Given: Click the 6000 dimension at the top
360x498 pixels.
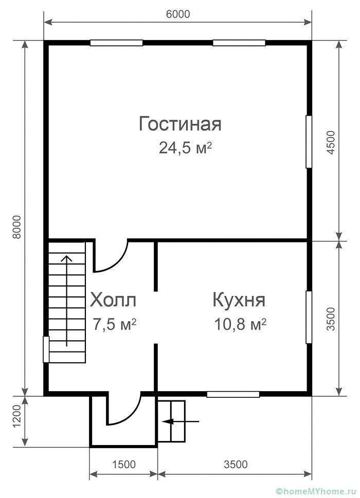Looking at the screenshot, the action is click(x=177, y=14).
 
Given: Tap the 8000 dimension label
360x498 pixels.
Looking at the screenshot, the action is click(x=17, y=227).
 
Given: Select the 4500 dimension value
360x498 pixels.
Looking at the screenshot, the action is click(x=331, y=142).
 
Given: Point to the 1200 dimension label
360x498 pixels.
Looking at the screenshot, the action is click(x=17, y=416).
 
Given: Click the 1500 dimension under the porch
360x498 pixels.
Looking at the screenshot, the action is click(x=123, y=464).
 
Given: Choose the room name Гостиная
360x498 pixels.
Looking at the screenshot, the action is click(x=180, y=124).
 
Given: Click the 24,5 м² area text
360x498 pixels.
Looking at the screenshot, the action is click(x=185, y=147).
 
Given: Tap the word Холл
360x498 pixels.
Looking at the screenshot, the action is click(x=113, y=300).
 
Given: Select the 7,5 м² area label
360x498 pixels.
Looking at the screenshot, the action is click(x=115, y=325).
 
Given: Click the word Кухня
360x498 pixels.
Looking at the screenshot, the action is click(x=239, y=300).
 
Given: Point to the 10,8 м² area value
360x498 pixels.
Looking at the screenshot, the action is click(x=240, y=325).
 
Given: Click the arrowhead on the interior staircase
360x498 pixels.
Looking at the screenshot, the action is click(x=66, y=258).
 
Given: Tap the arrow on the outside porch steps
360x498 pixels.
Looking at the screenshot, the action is click(x=181, y=421).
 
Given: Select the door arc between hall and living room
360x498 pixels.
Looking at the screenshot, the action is click(x=118, y=264).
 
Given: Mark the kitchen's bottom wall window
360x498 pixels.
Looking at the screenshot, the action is click(x=233, y=394).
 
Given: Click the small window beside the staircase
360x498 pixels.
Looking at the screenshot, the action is click(x=46, y=349).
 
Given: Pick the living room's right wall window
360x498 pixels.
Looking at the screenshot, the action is click(x=309, y=142).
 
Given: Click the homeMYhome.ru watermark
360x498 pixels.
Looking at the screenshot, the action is click(x=314, y=491).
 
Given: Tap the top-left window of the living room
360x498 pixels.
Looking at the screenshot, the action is click(x=116, y=43).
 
